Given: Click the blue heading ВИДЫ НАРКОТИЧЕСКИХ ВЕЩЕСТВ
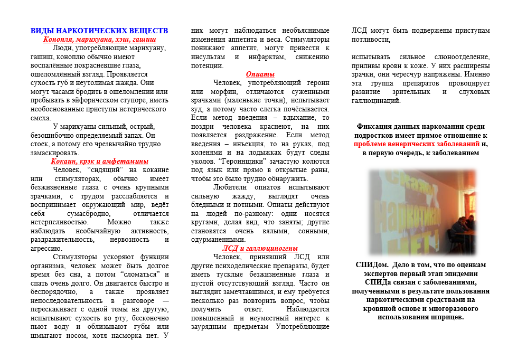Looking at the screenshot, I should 99,31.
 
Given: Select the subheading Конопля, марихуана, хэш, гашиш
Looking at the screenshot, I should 99,39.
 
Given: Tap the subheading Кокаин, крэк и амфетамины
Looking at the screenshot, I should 99,161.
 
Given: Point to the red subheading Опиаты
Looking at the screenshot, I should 260,74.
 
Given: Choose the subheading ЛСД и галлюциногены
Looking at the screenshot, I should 260,248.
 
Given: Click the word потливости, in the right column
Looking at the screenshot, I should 371,39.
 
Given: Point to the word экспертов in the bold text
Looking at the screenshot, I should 382,273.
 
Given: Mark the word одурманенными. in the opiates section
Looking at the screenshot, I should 218,239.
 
